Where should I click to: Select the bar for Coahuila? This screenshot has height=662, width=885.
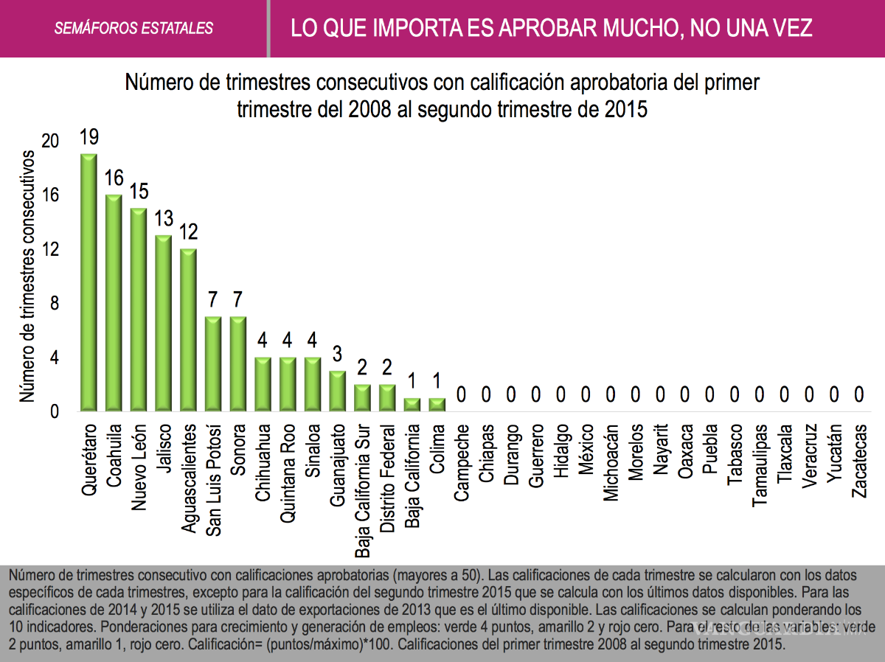coord(114,303)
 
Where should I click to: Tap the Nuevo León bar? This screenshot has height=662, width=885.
coord(139,310)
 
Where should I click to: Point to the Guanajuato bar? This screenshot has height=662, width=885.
coord(337,391)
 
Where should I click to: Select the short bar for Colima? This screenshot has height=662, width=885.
coord(437,405)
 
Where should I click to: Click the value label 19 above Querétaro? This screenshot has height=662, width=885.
coord(88,138)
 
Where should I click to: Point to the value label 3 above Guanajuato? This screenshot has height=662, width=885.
coord(337,355)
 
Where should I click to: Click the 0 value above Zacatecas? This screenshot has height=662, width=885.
coord(859,395)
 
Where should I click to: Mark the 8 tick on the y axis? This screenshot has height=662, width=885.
coord(53,303)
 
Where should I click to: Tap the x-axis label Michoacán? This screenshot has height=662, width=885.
coord(611,463)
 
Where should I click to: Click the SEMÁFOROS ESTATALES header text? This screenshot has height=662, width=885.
coord(133,29)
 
